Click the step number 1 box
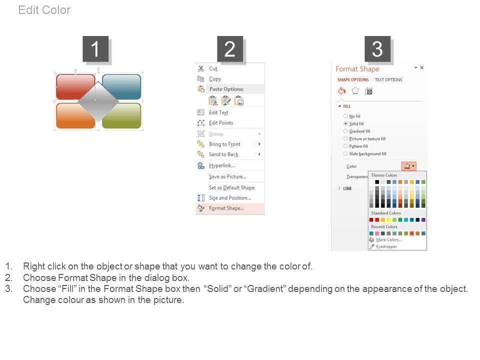[x=95, y=49]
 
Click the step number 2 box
[x=230, y=49]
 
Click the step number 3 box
[x=377, y=49]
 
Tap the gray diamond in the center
[x=98, y=101]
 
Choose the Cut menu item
[x=213, y=68]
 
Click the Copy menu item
[x=215, y=79]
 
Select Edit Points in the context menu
[x=221, y=123]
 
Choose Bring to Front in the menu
[x=224, y=144]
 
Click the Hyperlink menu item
[x=222, y=165]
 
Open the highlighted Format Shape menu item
[x=226, y=208]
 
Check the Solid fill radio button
[x=345, y=123]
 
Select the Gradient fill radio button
[x=345, y=131]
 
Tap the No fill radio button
[x=345, y=116]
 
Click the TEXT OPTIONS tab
[x=388, y=79]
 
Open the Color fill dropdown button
[x=408, y=166]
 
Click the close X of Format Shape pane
[x=422, y=67]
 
